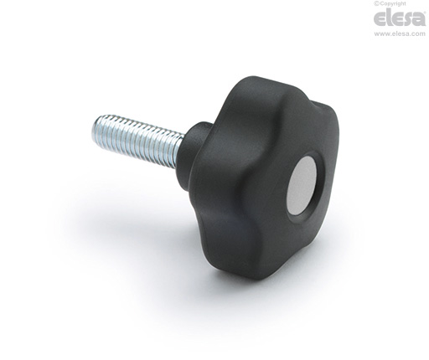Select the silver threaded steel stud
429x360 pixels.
tap(137, 141)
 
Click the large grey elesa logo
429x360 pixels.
tap(400, 18)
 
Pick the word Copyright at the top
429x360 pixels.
tap(393, 3)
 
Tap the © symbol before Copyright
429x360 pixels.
tap(376, 3)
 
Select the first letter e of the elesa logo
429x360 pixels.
tap(380, 20)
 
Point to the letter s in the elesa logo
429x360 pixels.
tap(406, 20)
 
